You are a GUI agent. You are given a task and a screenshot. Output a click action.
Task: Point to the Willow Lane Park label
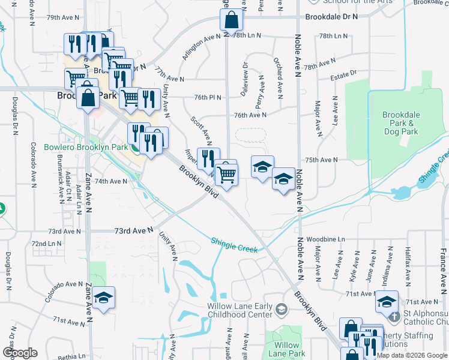(x=287, y=349)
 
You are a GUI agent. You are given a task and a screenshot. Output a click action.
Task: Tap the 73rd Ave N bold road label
(x=134, y=230)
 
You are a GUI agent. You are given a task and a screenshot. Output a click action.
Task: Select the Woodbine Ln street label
(x=326, y=239)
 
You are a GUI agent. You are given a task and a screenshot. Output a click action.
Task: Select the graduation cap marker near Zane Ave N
(x=103, y=298)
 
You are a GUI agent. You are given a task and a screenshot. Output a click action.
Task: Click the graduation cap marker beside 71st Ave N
(x=387, y=301)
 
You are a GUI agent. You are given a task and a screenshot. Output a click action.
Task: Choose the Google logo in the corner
(x=20, y=352)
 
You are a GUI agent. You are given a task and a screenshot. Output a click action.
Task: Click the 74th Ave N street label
(x=110, y=181)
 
